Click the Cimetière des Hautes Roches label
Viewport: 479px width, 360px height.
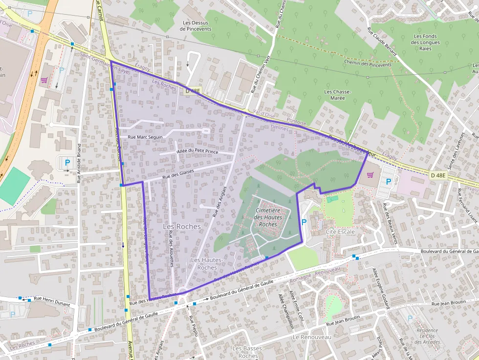coord(268,217)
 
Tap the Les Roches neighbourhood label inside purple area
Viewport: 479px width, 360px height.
coord(181,227)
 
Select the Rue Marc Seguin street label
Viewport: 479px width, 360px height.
coord(145,137)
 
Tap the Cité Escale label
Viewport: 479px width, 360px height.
coord(340,231)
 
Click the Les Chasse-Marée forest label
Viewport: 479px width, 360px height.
coord(334,95)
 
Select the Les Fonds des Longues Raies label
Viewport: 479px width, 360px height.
coord(425,42)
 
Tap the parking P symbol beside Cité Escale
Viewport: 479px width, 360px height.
coord(304,222)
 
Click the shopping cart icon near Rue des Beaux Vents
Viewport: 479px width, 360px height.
coord(370,174)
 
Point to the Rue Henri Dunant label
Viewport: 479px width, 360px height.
coord(51,298)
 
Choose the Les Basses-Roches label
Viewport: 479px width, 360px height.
coord(248,352)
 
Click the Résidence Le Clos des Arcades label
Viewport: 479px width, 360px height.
coord(421,336)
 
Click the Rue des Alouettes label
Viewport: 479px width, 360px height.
coord(171,249)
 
